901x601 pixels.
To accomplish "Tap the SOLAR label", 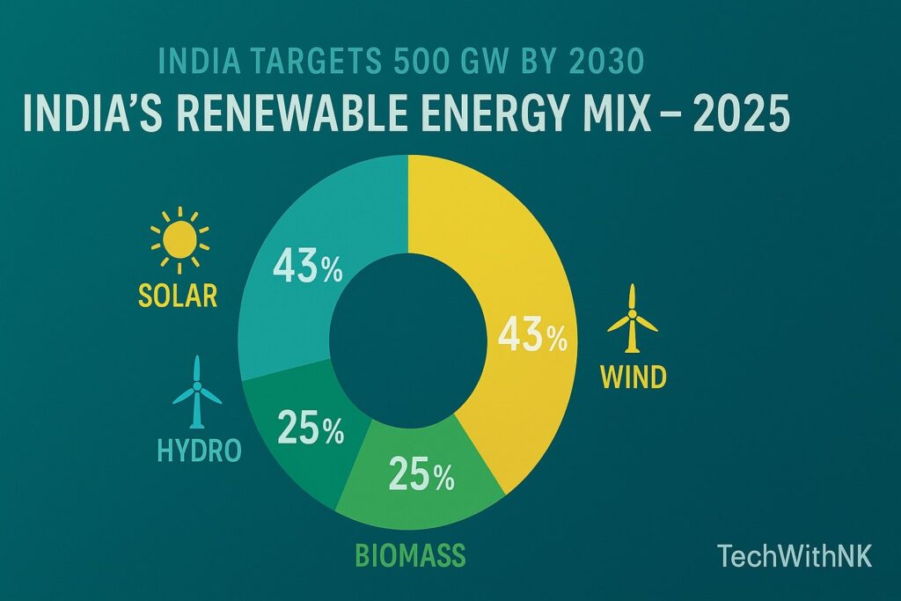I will (x=177, y=296).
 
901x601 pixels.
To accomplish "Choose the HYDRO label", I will (x=198, y=451).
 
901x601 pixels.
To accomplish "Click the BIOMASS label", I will (x=409, y=556).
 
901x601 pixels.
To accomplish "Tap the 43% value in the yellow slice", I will (x=532, y=338).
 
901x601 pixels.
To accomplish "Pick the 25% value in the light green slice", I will (x=421, y=476).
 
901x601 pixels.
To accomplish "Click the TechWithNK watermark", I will (x=795, y=556).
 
